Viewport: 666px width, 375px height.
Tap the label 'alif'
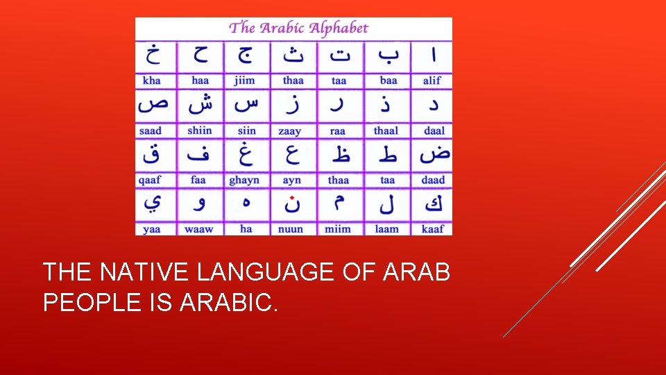pos(432,81)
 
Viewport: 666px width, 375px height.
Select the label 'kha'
pos(151,81)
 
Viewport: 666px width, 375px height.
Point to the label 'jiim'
pos(244,81)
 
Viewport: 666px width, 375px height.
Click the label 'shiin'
pos(200,131)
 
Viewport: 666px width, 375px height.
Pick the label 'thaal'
pos(386,131)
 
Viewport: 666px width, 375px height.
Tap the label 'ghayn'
pos(244,180)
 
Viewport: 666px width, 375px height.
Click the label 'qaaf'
pos(150,180)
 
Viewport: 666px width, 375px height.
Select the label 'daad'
pos(433,180)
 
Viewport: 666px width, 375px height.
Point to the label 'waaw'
pos(199,228)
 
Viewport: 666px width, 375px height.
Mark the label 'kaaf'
pos(433,228)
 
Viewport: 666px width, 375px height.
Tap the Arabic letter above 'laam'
pos(387,205)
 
